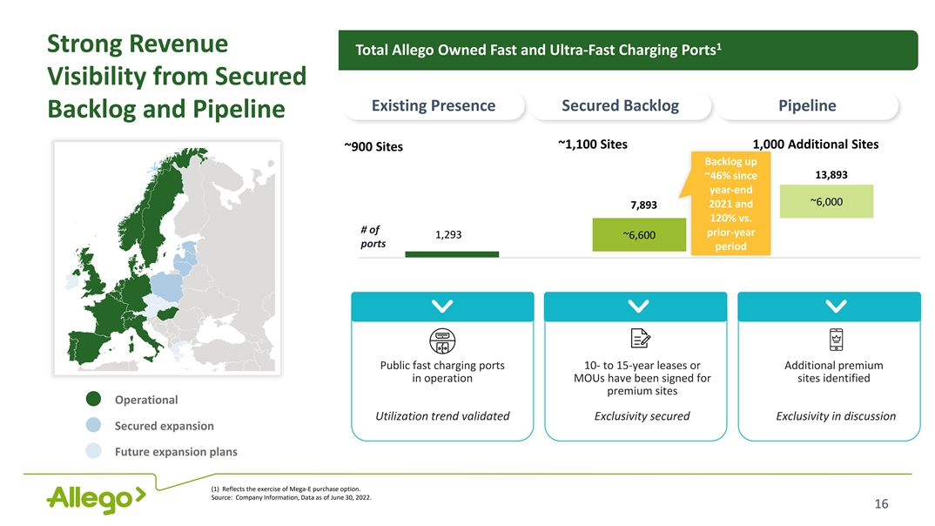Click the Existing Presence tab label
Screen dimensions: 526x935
coord(434,106)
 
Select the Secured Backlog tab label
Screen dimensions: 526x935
coord(621,106)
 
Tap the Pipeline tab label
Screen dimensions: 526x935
coord(807,106)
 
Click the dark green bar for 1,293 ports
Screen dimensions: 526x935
coord(452,254)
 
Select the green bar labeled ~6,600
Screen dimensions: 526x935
coord(639,235)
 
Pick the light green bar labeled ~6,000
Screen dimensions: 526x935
coord(825,203)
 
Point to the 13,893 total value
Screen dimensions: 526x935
coord(831,174)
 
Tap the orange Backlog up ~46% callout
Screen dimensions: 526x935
coord(730,205)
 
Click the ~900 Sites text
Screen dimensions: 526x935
coord(373,147)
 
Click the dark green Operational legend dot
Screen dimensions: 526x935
coord(95,400)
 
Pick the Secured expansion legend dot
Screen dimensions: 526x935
coord(95,426)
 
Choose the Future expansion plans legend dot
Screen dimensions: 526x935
coord(95,452)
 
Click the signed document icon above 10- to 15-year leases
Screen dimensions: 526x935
coord(639,340)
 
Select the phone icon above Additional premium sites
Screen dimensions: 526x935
coord(835,340)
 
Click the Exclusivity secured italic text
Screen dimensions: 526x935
coord(642,416)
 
